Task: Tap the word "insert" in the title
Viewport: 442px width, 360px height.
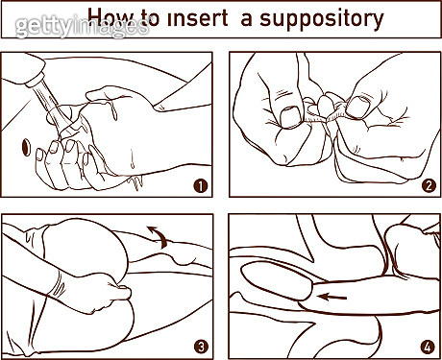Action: (x=198, y=17)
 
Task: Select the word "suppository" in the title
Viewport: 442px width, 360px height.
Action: (x=322, y=20)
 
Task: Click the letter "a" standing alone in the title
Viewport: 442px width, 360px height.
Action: (x=246, y=20)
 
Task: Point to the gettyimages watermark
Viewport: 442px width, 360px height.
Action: (x=83, y=26)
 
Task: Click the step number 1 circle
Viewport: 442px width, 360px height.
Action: (x=201, y=185)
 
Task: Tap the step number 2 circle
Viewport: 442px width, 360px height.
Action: (x=429, y=185)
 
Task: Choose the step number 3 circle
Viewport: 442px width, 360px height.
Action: (x=201, y=347)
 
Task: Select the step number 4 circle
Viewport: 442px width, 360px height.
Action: (x=428, y=347)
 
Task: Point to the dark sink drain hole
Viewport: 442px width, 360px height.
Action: (x=26, y=148)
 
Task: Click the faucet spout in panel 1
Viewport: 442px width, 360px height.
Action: (x=26, y=70)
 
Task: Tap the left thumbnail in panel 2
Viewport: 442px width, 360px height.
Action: (x=290, y=117)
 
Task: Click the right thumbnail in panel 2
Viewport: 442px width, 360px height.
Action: (x=357, y=108)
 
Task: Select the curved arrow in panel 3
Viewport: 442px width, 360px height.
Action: (x=159, y=235)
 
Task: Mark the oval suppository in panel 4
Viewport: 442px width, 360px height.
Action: (x=276, y=280)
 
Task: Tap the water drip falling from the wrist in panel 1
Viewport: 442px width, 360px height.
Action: (x=136, y=183)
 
